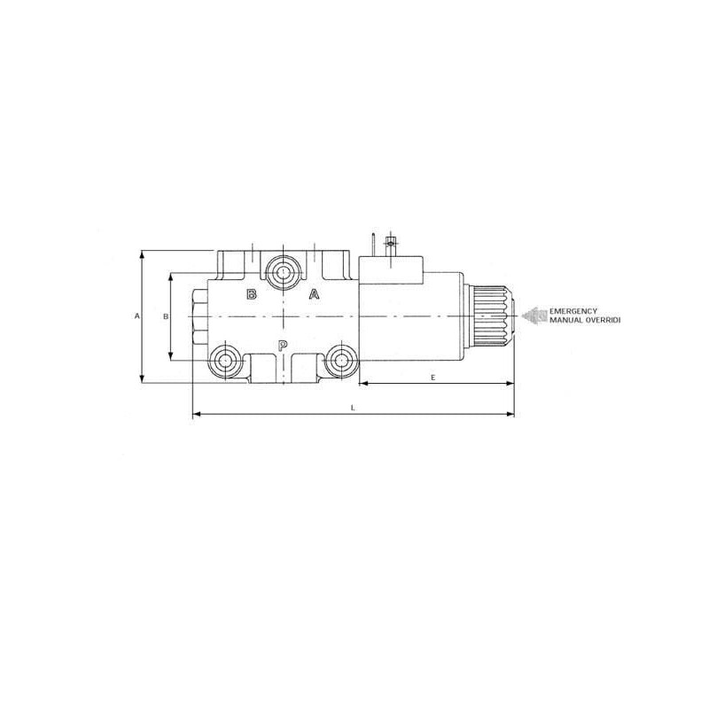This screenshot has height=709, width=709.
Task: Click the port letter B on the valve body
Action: (252, 294)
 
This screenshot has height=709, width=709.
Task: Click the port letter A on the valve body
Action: (314, 294)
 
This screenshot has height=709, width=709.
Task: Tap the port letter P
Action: (283, 346)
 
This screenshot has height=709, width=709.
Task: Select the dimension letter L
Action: (353, 408)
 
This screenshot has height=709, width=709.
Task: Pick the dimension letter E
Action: (432, 378)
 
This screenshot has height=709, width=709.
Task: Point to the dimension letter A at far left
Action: (137, 316)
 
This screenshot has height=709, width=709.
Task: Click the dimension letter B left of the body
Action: (166, 316)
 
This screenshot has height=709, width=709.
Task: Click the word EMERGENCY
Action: (573, 311)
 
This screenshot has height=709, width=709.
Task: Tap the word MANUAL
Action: (564, 320)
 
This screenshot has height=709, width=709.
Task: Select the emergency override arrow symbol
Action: (534, 316)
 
